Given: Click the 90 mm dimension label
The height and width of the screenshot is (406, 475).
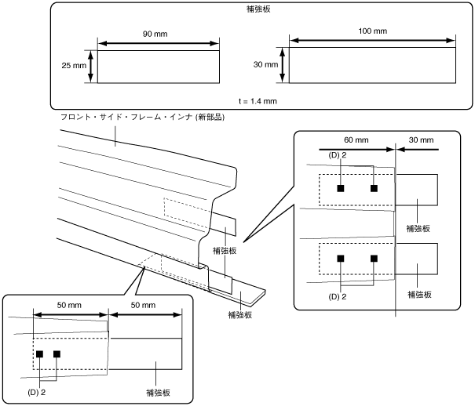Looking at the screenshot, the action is point(155,34).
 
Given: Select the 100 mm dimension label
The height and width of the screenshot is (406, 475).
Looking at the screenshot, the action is point(373,31).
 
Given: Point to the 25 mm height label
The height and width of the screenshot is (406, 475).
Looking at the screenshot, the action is point(74,65).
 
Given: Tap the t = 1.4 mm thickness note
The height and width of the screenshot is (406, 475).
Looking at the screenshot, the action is point(258,101).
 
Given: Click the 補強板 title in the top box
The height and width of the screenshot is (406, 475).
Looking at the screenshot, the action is point(258,9).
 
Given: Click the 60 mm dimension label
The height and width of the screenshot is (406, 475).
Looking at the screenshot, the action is point(356,140).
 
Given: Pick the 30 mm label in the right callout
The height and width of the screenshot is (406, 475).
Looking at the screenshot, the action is point(421,140).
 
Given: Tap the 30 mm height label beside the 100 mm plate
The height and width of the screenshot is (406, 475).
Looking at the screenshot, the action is point(265,64).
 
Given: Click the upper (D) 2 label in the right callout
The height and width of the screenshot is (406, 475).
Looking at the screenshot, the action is point(337,155).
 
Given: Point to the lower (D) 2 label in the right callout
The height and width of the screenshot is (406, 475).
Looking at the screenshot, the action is point(337,296).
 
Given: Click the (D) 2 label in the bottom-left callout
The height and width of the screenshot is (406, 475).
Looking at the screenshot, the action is point(36,393).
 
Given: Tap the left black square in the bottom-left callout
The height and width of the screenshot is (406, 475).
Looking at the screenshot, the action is point(39,354).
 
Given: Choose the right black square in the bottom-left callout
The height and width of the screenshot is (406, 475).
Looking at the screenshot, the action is point(57,354).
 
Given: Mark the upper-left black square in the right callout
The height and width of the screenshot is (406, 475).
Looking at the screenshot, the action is point(341,188).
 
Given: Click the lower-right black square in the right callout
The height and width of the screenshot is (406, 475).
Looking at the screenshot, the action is point(374,259).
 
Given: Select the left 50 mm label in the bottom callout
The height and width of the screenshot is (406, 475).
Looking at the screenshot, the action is point(69,305).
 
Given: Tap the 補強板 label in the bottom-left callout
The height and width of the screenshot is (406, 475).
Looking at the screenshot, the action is point(158,393).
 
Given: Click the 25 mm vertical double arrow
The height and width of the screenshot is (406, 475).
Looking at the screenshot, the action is point(91,67).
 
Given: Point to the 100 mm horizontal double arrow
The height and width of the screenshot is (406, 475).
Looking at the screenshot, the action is point(373,41).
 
